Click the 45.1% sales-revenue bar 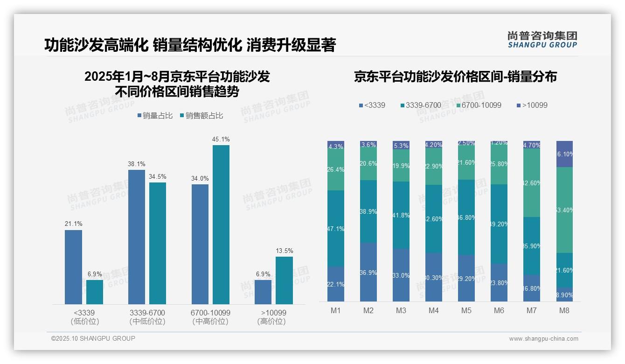pos(221,224)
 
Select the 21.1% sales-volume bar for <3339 pos(73,267)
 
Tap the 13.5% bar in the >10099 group pos(284,280)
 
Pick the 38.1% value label pos(137,164)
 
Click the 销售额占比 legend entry pos(201,116)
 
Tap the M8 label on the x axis pos(564,311)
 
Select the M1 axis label pos(336,311)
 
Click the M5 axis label pos(466,311)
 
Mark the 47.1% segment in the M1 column pos(336,229)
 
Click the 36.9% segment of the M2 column pos(368,272)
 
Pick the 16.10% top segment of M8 pos(564,154)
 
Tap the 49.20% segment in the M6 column pos(499,224)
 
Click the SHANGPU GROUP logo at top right pos(542,40)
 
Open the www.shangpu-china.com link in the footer pos(543,339)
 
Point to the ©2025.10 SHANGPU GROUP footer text pos(93,338)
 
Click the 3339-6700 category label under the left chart pos(147,317)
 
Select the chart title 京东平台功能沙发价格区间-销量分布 pos(455,77)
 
